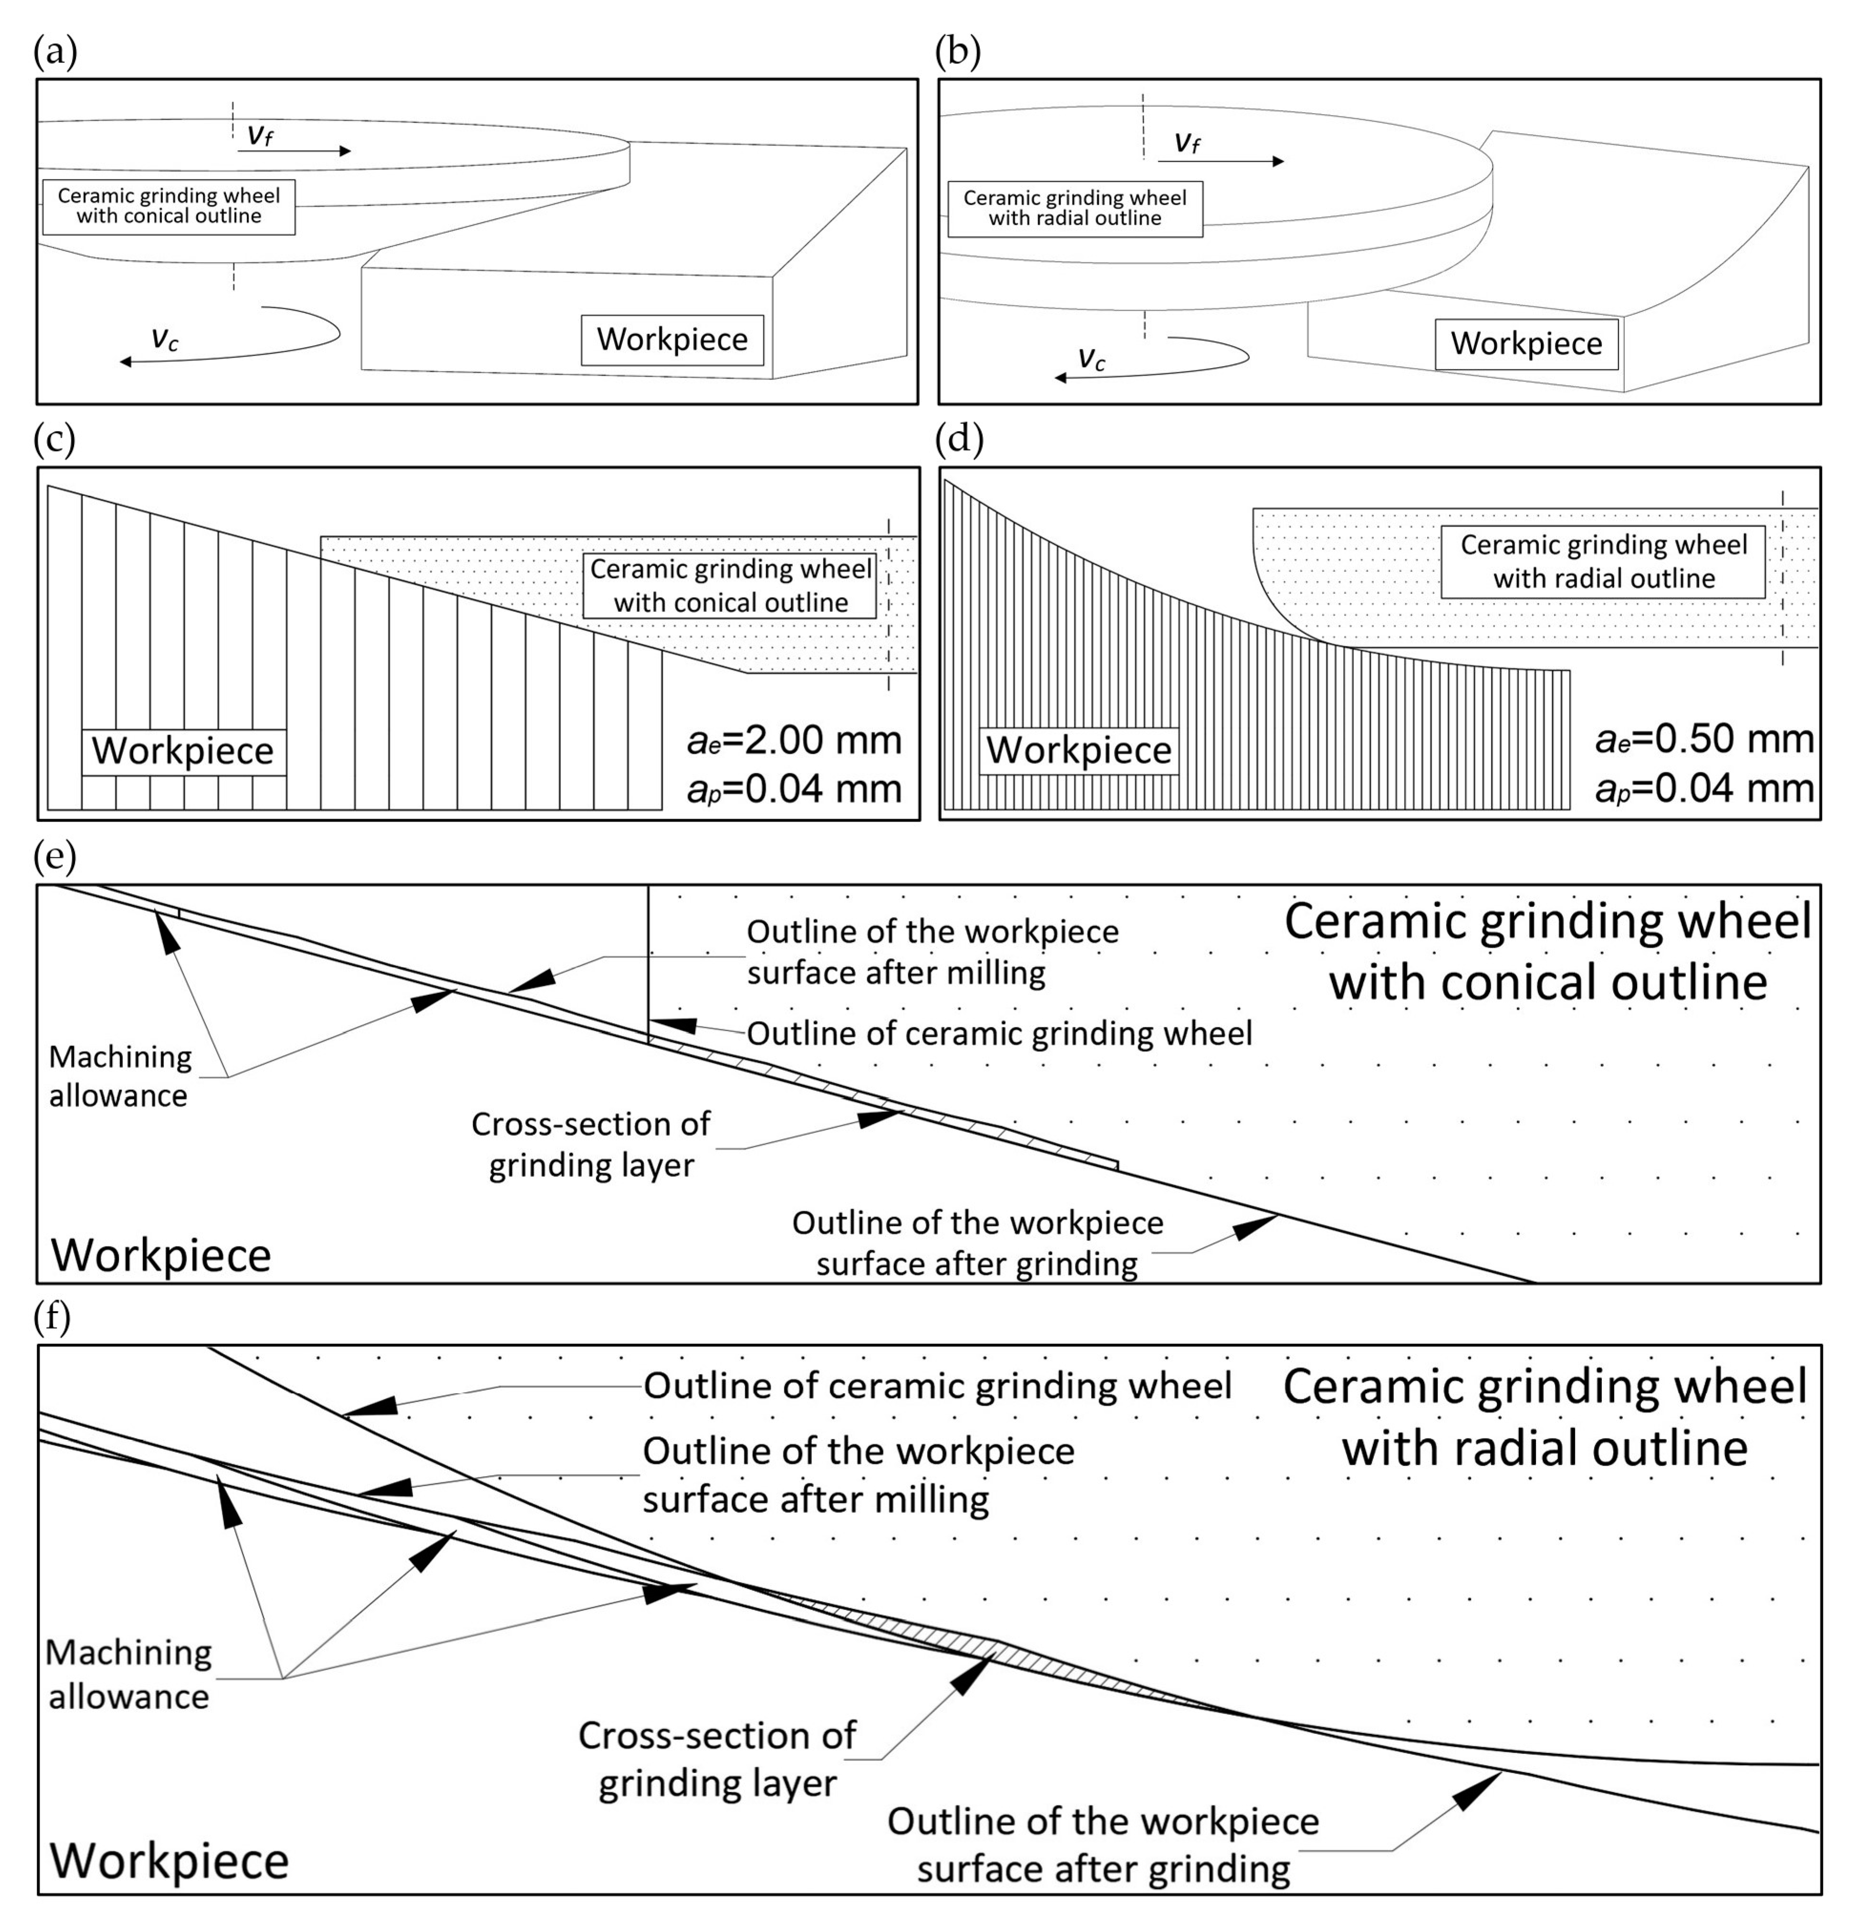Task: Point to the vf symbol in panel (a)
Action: (x=259, y=134)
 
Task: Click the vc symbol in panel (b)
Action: (x=1092, y=359)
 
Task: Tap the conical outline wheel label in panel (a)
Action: (x=168, y=206)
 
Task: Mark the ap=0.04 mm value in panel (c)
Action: (x=794, y=789)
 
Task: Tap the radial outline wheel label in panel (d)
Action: (x=1603, y=561)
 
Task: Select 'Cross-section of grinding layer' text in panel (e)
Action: (x=591, y=1144)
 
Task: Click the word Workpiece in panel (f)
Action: (x=169, y=1860)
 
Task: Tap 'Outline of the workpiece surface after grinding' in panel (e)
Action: (x=977, y=1243)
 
